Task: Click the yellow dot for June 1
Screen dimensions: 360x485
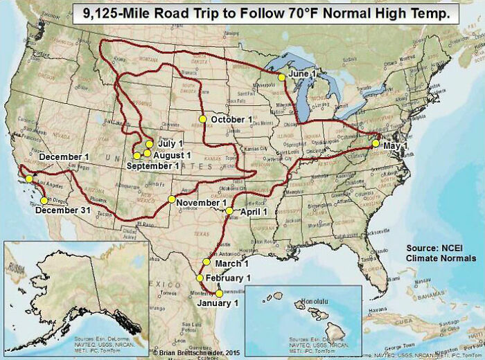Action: point(281,78)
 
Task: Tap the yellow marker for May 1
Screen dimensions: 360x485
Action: point(376,144)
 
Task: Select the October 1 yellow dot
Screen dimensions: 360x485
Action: point(202,119)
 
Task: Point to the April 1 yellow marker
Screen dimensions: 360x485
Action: point(229,210)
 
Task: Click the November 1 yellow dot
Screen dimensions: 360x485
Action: point(171,200)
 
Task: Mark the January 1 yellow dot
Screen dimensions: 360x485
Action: point(219,293)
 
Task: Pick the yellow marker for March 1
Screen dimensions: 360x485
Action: point(206,262)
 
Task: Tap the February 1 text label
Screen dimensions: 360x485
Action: point(228,278)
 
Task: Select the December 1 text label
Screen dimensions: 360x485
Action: point(64,157)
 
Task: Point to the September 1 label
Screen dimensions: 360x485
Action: point(153,166)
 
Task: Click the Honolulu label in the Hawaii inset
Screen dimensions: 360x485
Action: point(318,303)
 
